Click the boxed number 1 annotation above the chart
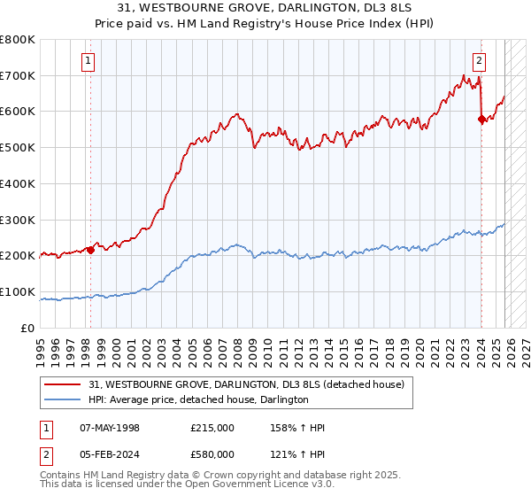click(89, 61)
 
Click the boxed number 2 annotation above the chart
click(479, 61)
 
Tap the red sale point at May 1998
click(90, 250)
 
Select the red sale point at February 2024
click(481, 119)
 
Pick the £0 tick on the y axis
click(28, 328)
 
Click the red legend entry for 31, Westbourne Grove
click(247, 384)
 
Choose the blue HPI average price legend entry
click(198, 400)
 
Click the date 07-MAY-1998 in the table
click(110, 428)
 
